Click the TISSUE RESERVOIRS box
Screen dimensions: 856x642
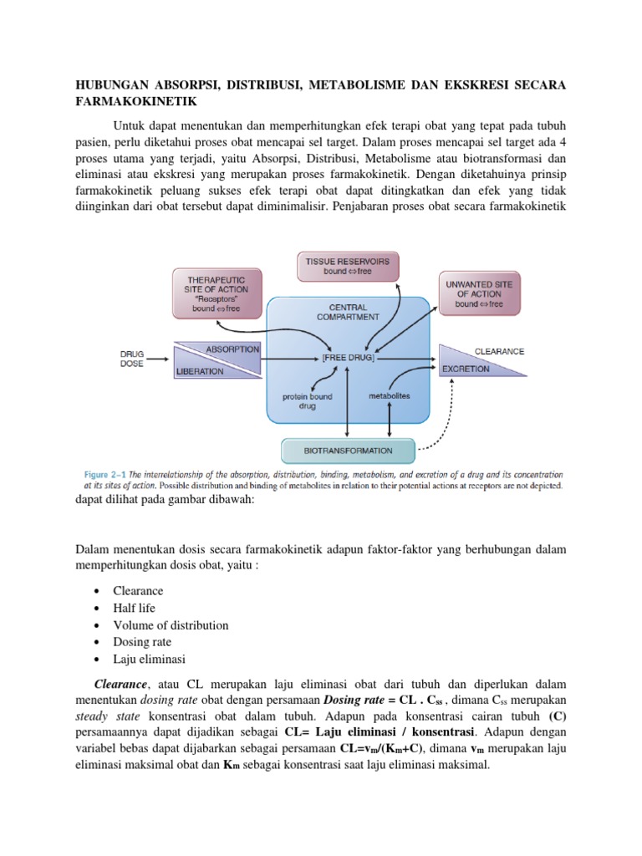pyautogui.click(x=349, y=267)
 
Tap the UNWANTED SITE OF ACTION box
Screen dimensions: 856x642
pyautogui.click(x=479, y=293)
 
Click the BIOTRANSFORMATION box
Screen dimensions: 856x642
pyautogui.click(x=349, y=451)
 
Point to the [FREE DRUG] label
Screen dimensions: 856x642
pyautogui.click(x=349, y=357)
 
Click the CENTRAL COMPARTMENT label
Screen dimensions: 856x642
pyautogui.click(x=349, y=312)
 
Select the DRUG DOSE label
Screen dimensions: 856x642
pyautogui.click(x=132, y=359)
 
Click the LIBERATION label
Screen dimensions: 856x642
pyautogui.click(x=200, y=371)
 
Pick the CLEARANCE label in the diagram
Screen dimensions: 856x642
pyautogui.click(x=499, y=351)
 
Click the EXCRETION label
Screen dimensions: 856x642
pyautogui.click(x=466, y=368)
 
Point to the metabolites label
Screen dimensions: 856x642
pyautogui.click(x=389, y=395)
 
